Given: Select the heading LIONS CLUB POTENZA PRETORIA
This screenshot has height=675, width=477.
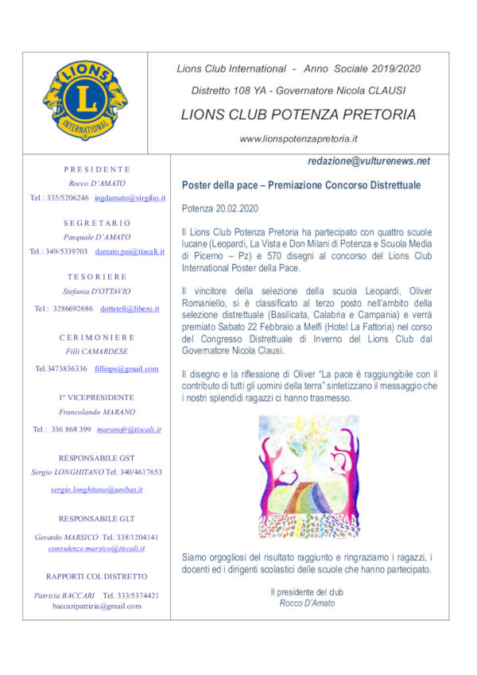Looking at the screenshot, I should pos(298,114).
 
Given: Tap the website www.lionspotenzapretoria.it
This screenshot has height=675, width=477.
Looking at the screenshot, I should pos(298,139).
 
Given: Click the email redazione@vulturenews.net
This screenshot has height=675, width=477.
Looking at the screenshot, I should pos(369,161).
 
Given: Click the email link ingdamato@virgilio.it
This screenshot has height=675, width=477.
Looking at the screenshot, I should pos(129,197).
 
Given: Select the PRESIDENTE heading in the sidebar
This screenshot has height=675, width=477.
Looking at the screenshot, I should pos(96,169).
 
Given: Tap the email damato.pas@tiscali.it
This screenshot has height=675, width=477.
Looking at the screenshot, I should pos(130,251).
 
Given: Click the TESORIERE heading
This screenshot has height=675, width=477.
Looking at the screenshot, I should pos(96,277).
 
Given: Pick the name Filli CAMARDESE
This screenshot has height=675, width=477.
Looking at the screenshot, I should pos(96,351).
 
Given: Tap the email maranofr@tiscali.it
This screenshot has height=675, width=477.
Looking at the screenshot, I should pos(129,429).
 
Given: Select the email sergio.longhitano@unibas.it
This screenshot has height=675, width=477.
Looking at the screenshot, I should pos(96,490).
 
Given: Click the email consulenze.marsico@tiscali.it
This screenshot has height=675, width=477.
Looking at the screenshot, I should pos(96,549).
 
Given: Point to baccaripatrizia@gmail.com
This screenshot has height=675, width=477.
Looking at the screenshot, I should pos(96,606).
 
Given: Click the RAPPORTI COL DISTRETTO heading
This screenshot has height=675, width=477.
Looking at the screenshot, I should pos(96,576).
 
